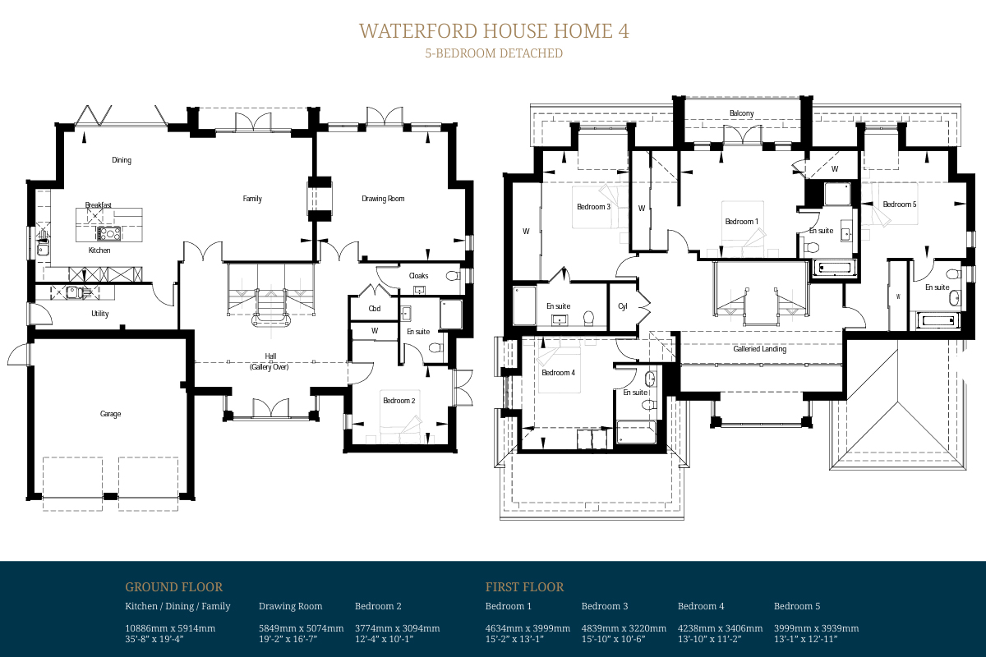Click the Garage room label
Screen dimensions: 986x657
pyautogui.click(x=110, y=414)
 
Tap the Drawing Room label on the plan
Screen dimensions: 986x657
pyautogui.click(x=383, y=199)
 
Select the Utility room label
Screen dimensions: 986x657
pyautogui.click(x=100, y=314)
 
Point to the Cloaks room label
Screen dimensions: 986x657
pyautogui.click(x=418, y=275)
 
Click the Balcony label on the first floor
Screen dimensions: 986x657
pyautogui.click(x=742, y=113)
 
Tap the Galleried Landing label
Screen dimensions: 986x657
pyautogui.click(x=760, y=349)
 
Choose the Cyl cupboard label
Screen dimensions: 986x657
pyautogui.click(x=623, y=306)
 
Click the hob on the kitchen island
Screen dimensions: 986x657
pyautogui.click(x=108, y=233)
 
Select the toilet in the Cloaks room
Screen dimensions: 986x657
pyautogui.click(x=453, y=276)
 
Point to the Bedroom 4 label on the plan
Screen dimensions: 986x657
pyautogui.click(x=558, y=373)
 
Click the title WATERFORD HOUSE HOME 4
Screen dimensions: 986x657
pyautogui.click(x=494, y=31)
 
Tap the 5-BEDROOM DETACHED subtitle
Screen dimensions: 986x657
pyautogui.click(x=494, y=53)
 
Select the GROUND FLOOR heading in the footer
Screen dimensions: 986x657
pyautogui.click(x=174, y=587)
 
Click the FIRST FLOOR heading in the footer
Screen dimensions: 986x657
pyautogui.click(x=524, y=587)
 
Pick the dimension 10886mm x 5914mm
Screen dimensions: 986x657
pyautogui.click(x=170, y=628)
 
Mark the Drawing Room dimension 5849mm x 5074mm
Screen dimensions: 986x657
pyautogui.click(x=301, y=628)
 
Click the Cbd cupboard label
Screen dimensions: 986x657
pyautogui.click(x=375, y=309)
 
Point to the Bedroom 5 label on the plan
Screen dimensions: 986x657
pyautogui.click(x=900, y=204)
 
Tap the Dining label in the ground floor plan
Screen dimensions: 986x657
pyautogui.click(x=122, y=160)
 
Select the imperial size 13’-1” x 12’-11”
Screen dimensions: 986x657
pyautogui.click(x=805, y=639)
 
